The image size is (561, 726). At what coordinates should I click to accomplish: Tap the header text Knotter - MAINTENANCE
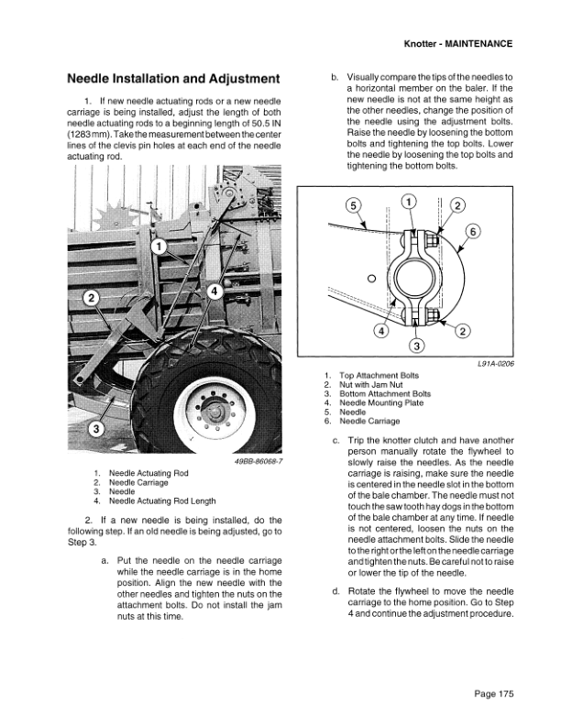457,43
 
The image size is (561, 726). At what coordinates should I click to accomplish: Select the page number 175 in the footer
494,692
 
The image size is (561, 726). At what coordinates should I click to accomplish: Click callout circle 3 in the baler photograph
95,428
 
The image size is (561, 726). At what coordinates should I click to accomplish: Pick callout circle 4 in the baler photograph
214,291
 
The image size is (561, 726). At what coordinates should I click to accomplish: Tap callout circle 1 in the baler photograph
158,247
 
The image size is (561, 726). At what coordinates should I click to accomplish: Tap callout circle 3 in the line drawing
414,346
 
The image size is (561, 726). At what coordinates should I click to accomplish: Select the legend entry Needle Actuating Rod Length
162,501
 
